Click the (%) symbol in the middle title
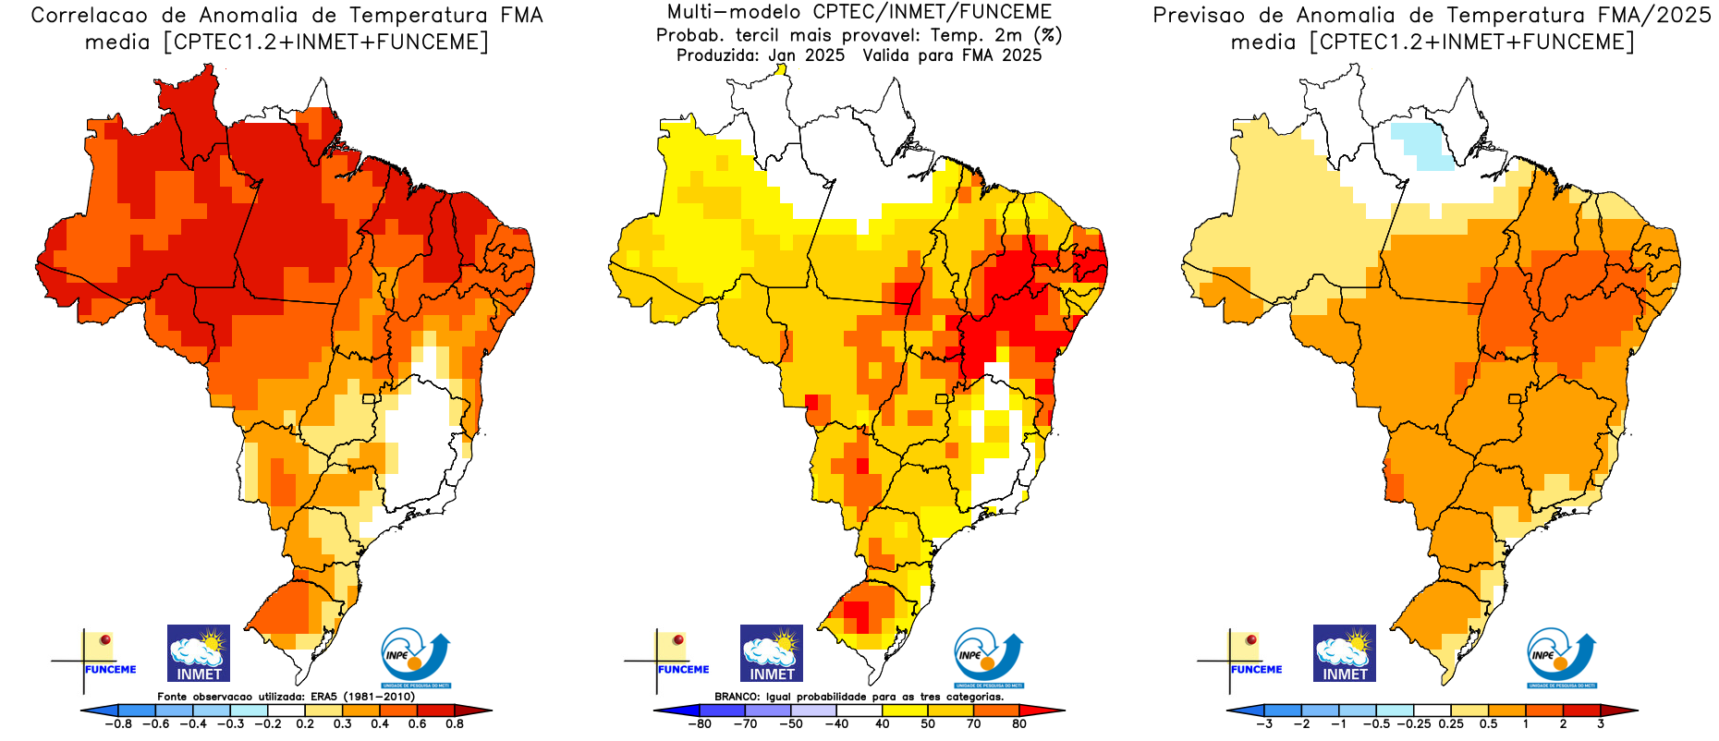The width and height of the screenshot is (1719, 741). pos(1048,35)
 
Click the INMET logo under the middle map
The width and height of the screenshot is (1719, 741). pos(771,653)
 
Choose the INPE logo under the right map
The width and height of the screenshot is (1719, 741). pos(1561,657)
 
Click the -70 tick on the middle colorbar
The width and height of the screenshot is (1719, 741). pos(745,724)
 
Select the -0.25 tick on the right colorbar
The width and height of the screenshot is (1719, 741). pos(1414,724)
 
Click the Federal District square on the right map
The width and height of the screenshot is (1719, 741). pos(1514,399)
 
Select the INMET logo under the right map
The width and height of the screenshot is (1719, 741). pos(1344,653)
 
